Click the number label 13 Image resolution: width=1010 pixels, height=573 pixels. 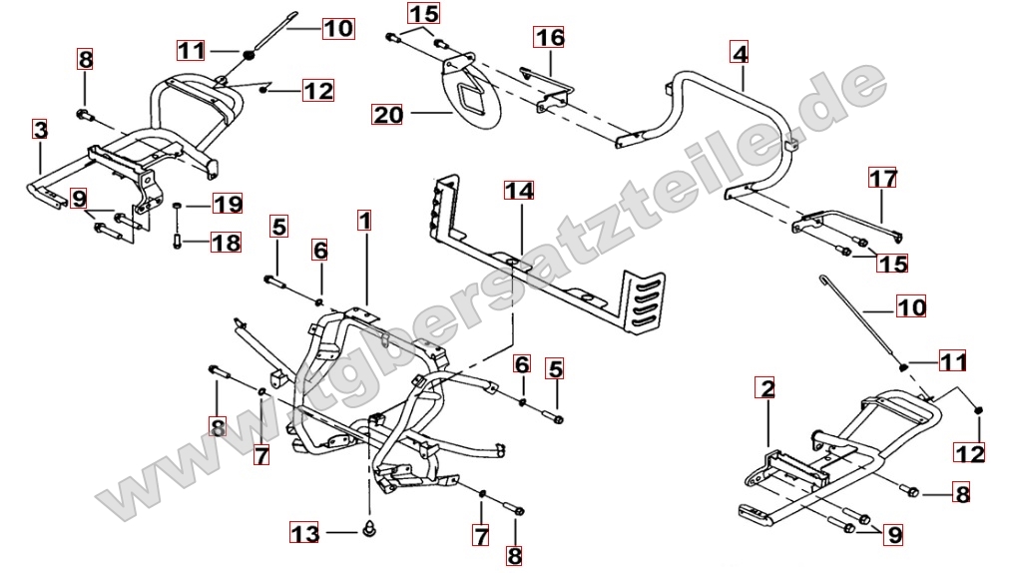(305, 534)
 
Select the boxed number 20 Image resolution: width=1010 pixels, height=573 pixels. (387, 114)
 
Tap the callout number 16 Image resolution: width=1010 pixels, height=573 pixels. (549, 38)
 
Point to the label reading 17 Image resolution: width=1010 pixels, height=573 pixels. (882, 180)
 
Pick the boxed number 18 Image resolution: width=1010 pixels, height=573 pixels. (226, 242)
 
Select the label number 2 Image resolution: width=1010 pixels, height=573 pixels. (766, 386)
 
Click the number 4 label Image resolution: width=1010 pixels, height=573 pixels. (739, 52)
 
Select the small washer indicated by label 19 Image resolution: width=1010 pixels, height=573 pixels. (176, 206)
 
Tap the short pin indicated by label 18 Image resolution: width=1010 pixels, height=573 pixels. (176, 240)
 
